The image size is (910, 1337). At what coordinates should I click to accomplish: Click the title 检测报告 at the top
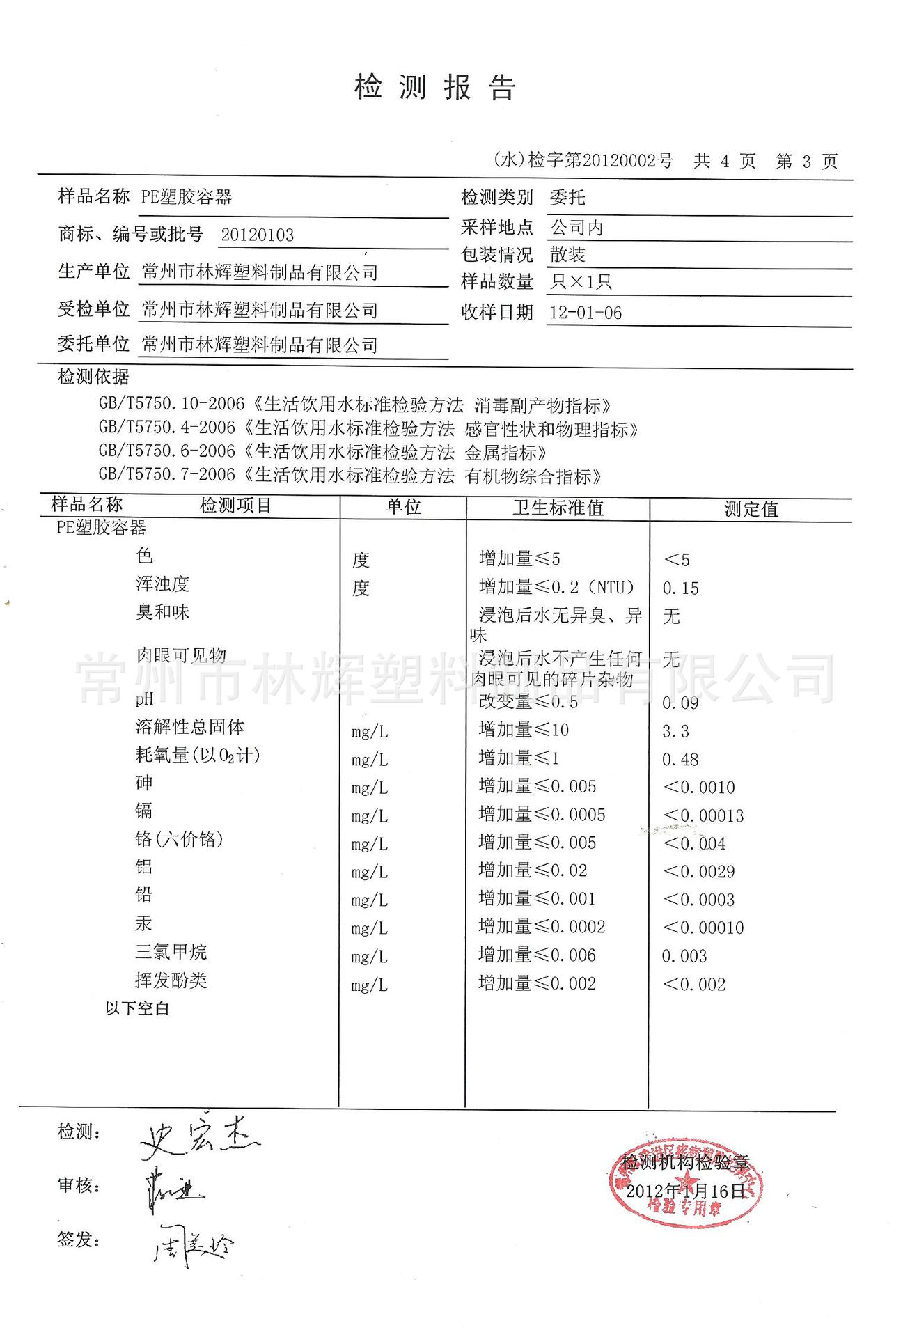(x=434, y=88)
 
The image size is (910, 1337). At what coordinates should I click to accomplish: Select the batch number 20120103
(x=258, y=235)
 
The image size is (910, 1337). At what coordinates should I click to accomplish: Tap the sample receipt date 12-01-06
(x=586, y=313)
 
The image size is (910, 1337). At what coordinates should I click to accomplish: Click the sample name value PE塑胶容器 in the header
(x=187, y=197)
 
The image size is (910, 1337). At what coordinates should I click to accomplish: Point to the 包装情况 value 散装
(x=567, y=255)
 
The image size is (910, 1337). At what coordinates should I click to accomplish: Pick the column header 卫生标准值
(x=558, y=508)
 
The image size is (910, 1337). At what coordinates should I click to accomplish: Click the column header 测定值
(x=751, y=509)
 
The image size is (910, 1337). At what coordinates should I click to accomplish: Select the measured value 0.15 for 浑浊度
(x=680, y=588)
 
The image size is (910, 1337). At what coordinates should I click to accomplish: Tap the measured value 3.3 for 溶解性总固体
(x=675, y=731)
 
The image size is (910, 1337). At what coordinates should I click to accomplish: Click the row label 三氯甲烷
(x=171, y=952)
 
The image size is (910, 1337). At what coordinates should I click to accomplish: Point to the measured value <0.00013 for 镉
(x=703, y=815)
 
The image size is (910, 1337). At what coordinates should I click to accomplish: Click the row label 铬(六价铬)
(x=179, y=839)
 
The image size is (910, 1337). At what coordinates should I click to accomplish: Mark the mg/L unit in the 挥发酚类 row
(x=369, y=985)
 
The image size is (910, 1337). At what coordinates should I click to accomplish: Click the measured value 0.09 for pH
(x=680, y=703)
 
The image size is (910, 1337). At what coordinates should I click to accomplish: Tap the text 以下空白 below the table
(x=137, y=1008)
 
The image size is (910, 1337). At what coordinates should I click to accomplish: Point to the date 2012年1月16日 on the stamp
(x=686, y=1191)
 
